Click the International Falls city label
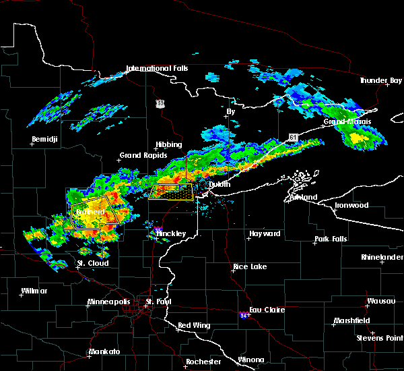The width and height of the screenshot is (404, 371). coord(157,68)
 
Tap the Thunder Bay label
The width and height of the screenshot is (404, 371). coord(380,80)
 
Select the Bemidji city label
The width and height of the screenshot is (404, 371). coord(45,140)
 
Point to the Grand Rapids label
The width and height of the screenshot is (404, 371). coord(139,155)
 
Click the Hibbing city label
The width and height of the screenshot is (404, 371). coord(169,144)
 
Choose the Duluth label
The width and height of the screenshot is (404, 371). coord(219,184)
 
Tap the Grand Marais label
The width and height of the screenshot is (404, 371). coord(347,122)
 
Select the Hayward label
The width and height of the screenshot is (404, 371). coord(265,233)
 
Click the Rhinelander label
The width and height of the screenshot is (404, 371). coord(380,257)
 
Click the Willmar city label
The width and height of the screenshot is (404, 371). coord(34,291)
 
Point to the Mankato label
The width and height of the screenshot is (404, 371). coord(104,352)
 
